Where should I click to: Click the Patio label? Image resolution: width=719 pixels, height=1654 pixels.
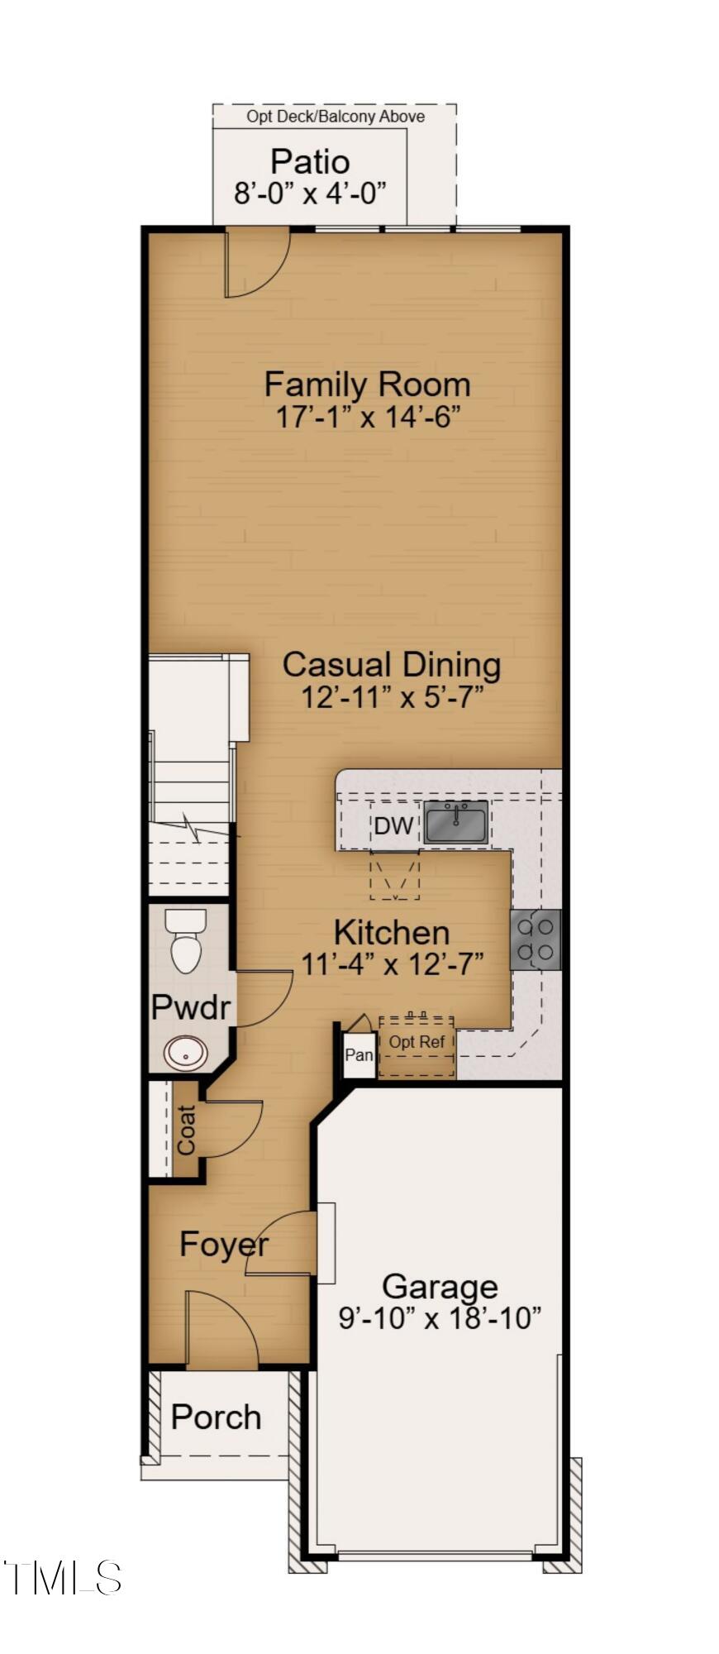coord(310,161)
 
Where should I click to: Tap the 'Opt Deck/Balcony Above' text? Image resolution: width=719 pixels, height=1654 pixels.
coord(335,117)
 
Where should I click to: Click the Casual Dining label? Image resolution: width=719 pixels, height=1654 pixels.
coord(391,664)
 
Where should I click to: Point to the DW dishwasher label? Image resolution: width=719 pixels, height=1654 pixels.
coord(393,825)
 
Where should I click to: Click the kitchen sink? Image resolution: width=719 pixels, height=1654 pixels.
coord(455,821)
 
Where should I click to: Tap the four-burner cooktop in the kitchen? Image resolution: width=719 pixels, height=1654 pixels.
coord(536,939)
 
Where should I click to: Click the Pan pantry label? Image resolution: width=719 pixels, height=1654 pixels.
coord(359,1054)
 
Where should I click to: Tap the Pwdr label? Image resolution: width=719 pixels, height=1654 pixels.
coord(191,1006)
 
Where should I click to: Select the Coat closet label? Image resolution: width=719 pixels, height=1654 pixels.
coord(187,1130)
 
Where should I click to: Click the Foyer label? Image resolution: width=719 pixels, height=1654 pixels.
coord(224,1244)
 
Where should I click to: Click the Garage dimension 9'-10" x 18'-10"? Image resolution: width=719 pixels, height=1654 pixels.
coord(440,1317)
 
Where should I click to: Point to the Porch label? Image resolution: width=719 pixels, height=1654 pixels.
coord(216,1417)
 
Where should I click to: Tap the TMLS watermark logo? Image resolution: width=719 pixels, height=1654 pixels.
coord(63,1578)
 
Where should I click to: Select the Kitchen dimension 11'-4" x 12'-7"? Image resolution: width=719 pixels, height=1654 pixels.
coord(392,963)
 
